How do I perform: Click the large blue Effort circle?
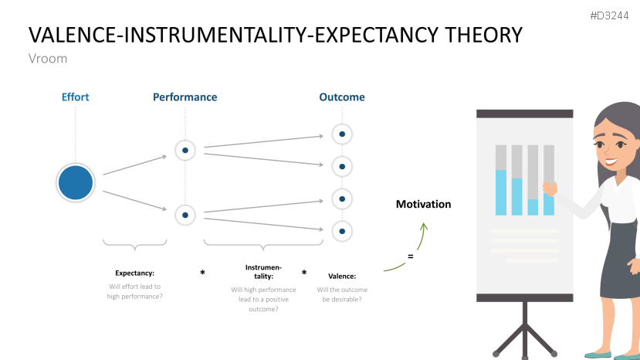tap(76, 183)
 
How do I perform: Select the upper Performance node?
tap(185, 150)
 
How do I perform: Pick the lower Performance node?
tap(185, 215)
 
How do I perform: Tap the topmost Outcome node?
tap(342, 134)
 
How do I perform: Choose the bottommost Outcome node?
tap(342, 230)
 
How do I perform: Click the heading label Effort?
tap(76, 97)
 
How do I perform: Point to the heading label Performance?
tap(185, 97)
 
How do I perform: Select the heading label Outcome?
tap(342, 97)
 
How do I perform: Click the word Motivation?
tap(423, 204)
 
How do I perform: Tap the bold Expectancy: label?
tap(135, 273)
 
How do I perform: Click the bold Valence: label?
tap(342, 276)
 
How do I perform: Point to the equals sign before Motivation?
tap(410, 256)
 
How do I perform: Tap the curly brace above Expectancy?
tap(135, 246)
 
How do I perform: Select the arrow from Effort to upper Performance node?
tap(135, 165)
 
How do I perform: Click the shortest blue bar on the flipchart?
tap(533, 206)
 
